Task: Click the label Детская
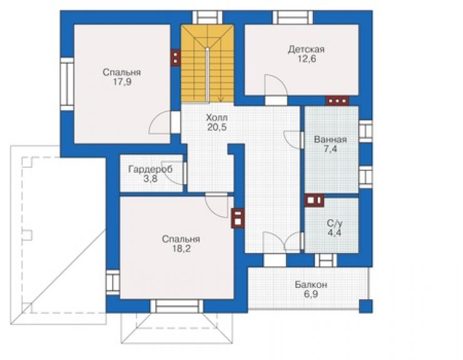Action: coord(306,49)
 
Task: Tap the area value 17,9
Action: coord(122,82)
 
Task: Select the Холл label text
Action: coord(216,118)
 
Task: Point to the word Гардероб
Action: coord(151,170)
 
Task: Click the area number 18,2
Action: coord(181,249)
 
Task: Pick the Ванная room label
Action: coord(330,139)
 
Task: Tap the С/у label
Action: coord(335,223)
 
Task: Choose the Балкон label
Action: coord(311,285)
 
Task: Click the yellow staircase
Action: coord(207,63)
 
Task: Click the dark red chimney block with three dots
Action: coord(337,101)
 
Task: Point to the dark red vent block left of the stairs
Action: coord(176,58)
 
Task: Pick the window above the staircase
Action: coord(207,18)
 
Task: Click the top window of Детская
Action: coord(293,18)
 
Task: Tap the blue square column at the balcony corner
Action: coord(366,306)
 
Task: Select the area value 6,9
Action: coord(311,294)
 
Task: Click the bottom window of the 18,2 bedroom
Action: coord(176,306)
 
